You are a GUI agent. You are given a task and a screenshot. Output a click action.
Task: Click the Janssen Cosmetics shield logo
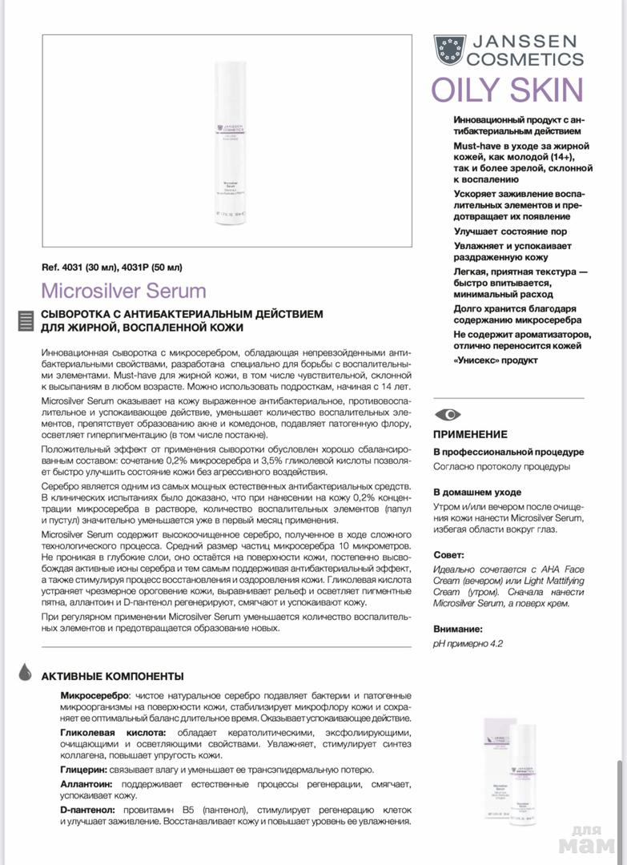449,50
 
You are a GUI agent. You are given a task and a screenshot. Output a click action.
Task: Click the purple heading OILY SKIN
507,90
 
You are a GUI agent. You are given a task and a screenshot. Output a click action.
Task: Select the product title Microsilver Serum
123,290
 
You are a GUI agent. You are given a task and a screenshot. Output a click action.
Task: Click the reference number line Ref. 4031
116,268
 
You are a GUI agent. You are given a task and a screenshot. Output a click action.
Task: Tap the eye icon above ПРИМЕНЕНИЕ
448,414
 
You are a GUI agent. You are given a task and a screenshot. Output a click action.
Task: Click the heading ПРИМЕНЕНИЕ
471,434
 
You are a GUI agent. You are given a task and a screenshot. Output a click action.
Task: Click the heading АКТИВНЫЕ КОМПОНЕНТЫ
112,676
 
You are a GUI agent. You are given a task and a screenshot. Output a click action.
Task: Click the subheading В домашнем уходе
477,492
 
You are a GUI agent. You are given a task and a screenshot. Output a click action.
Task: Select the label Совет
448,554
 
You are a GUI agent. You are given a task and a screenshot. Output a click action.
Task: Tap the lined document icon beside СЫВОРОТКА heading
26,320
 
